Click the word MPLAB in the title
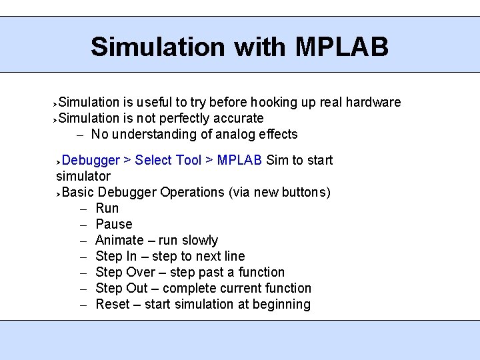(341, 47)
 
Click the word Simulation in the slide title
(158, 47)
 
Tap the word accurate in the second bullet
(238, 118)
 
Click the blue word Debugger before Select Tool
(91, 160)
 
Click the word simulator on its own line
(83, 176)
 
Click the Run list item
(107, 208)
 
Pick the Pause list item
(114, 224)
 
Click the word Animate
(119, 240)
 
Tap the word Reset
(112, 304)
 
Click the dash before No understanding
(79, 135)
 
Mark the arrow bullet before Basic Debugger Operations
(59, 193)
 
